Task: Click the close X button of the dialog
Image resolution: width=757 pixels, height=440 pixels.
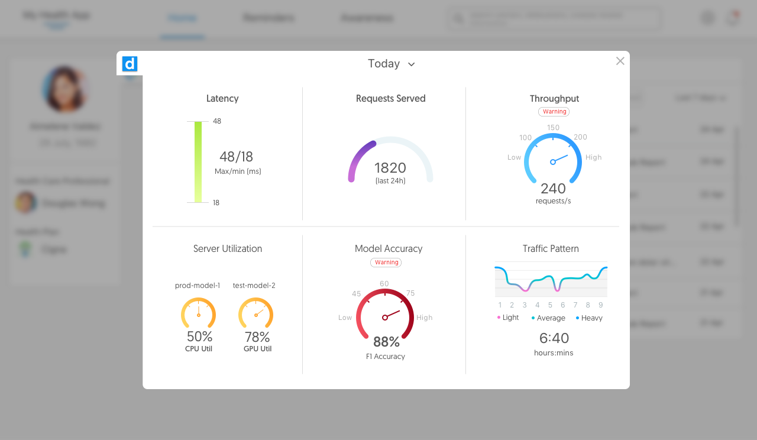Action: pos(620,61)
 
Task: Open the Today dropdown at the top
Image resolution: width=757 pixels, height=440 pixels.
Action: pos(392,64)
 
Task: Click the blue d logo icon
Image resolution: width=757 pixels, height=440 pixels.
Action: pos(130,64)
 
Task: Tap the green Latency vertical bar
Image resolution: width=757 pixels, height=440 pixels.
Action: pos(198,162)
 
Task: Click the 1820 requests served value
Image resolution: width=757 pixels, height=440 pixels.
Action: pos(390,168)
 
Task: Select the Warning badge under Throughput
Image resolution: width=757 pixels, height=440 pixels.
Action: pos(554,112)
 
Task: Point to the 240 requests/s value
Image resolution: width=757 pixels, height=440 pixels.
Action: pos(553,189)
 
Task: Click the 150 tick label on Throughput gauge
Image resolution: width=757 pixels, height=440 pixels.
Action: pos(553,128)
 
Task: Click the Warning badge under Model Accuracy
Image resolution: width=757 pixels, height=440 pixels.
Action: pos(386,263)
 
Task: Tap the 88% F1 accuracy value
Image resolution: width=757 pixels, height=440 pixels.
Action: pos(386,342)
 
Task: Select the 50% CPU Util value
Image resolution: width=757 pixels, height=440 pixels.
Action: pos(199,337)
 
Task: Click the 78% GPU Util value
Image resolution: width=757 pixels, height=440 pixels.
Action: pos(257,337)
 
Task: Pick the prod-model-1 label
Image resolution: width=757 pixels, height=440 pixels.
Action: pos(198,286)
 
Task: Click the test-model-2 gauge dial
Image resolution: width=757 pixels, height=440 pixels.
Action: pos(255,313)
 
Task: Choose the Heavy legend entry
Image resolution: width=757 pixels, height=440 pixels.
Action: pos(589,318)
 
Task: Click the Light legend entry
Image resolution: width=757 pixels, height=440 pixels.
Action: pos(507,318)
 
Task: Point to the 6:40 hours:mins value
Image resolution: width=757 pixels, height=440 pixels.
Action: pos(554,338)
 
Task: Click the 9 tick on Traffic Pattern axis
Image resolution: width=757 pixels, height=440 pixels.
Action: pos(600,305)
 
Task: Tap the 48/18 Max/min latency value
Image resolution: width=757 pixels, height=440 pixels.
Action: pos(236,157)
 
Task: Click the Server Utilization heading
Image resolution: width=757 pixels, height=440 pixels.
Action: pos(228,249)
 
